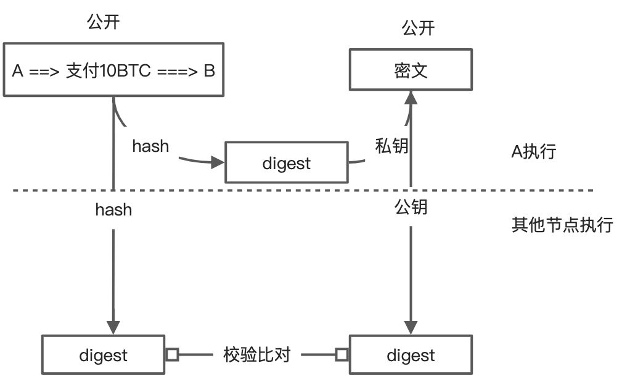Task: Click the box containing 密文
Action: (x=411, y=70)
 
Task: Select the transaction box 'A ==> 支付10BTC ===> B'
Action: (x=113, y=70)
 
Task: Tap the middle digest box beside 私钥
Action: (x=286, y=163)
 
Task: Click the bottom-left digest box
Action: (x=104, y=355)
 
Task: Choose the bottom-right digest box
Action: (x=411, y=355)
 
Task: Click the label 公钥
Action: (x=411, y=207)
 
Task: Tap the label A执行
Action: (x=534, y=151)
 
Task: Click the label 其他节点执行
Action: (x=562, y=224)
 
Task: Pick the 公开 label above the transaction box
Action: (x=103, y=23)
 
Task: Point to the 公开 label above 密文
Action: (x=418, y=28)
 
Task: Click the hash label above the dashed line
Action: (x=150, y=146)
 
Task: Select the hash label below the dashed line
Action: (x=113, y=210)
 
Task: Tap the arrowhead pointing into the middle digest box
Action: (x=217, y=163)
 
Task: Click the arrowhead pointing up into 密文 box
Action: (x=411, y=96)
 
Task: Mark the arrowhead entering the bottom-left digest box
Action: (x=113, y=328)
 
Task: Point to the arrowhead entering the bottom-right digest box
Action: (x=411, y=328)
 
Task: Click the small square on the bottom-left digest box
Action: (x=172, y=355)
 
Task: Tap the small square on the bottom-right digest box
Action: (x=342, y=355)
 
